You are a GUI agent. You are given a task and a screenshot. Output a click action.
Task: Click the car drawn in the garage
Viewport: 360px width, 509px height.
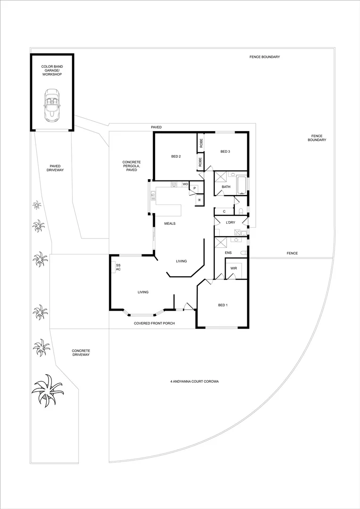pyautogui.click(x=52, y=105)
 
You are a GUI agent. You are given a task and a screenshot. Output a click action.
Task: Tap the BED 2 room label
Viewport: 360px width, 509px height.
pyautogui.click(x=176, y=156)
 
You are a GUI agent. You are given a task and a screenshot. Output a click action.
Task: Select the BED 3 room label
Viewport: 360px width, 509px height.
pyautogui.click(x=225, y=151)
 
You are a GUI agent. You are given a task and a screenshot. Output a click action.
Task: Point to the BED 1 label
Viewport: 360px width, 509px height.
pyautogui.click(x=223, y=305)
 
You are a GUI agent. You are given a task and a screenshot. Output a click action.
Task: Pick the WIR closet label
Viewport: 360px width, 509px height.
pyautogui.click(x=233, y=269)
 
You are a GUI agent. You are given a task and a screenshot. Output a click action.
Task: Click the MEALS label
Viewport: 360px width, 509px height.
pyautogui.click(x=170, y=223)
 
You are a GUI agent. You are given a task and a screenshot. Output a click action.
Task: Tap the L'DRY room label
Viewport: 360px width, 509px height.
pyautogui.click(x=230, y=222)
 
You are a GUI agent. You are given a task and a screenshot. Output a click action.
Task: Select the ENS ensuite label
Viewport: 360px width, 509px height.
pyautogui.click(x=229, y=253)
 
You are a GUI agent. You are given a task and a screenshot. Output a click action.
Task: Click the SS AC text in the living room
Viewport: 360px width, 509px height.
pyautogui.click(x=118, y=267)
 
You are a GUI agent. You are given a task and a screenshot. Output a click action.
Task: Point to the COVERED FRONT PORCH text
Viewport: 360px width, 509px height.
pyautogui.click(x=154, y=323)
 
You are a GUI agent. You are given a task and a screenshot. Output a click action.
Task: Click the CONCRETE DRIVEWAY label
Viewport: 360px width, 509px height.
pyautogui.click(x=81, y=353)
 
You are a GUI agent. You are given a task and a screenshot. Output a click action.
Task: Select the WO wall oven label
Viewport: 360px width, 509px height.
pyautogui.click(x=185, y=184)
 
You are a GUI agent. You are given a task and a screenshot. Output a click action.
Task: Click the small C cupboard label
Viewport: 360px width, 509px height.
pyautogui.click(x=224, y=211)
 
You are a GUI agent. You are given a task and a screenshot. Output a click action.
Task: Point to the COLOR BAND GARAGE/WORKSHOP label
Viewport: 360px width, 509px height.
pyautogui.click(x=52, y=71)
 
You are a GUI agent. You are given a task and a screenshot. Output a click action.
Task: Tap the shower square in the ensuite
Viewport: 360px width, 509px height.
pyautogui.click(x=221, y=243)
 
